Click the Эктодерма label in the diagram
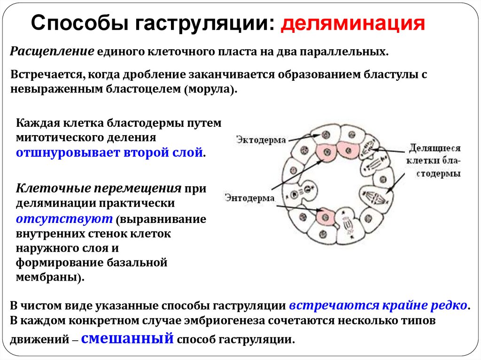(x=258, y=140)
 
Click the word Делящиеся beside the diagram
(x=434, y=149)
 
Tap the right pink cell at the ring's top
(x=348, y=151)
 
